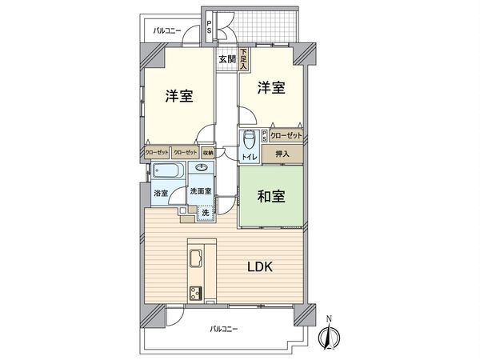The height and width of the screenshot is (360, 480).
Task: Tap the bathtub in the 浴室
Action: point(166,171)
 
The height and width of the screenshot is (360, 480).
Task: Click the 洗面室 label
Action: point(200,192)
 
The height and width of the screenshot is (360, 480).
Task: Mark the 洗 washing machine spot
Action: point(205,212)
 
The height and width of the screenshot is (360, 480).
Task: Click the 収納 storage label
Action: point(207,151)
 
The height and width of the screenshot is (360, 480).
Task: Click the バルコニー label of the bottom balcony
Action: point(226,329)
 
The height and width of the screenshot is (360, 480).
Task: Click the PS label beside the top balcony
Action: point(209,27)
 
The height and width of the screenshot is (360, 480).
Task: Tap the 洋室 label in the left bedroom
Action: point(178,95)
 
